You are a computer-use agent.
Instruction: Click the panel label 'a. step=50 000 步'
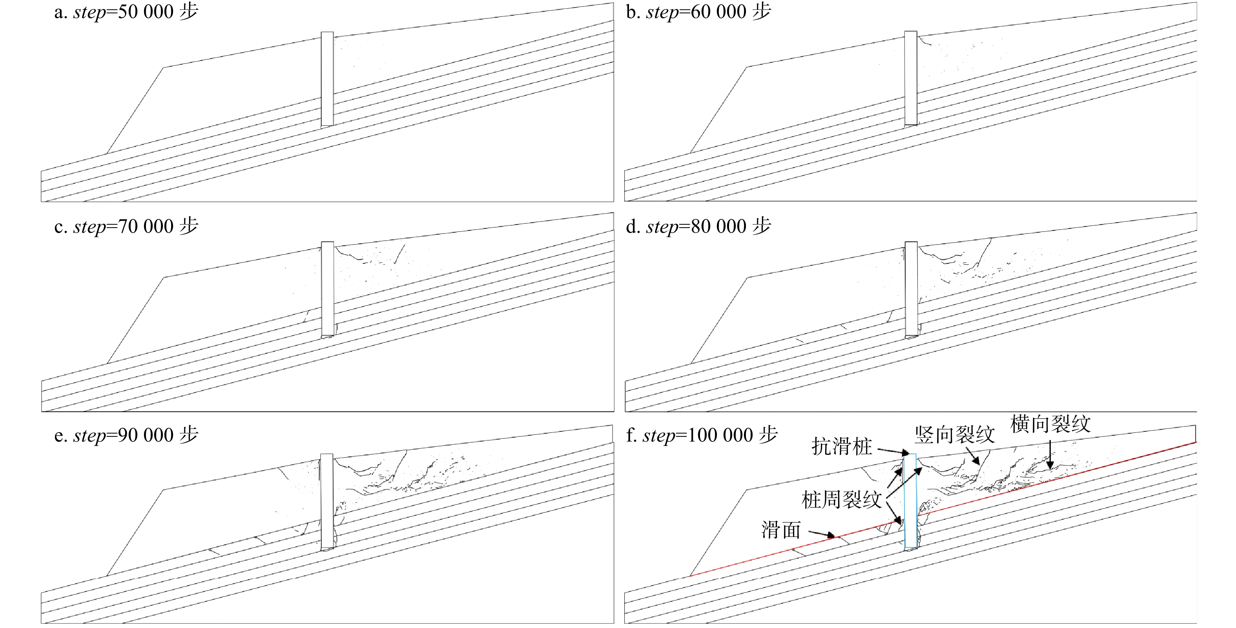126,12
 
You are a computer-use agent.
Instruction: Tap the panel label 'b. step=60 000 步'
698,12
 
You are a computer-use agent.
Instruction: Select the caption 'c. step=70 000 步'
126,226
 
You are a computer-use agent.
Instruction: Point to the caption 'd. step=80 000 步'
698,226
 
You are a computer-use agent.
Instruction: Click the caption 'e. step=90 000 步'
126,435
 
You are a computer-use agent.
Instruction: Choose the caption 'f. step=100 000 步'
702,435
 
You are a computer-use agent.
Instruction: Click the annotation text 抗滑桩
842,447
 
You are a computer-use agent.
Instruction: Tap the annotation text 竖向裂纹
954,435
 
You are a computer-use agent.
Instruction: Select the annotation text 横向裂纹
1050,424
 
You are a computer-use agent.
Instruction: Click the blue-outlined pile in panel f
910,502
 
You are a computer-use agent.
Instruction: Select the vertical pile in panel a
327,79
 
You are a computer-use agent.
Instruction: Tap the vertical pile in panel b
911,78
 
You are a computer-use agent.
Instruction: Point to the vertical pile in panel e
327,501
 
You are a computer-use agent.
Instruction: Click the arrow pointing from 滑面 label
822,534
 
